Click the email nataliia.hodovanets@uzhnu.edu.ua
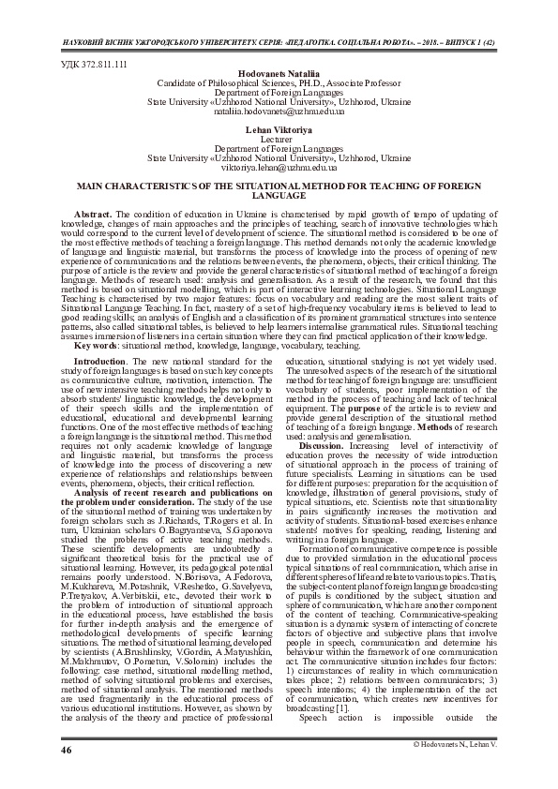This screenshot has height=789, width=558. click(x=278, y=111)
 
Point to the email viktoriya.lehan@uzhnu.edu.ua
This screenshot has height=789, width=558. click(x=278, y=166)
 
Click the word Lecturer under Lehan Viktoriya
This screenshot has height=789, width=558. click(x=278, y=138)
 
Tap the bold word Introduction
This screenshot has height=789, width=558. click(x=99, y=360)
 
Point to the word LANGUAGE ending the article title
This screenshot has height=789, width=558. click(x=279, y=196)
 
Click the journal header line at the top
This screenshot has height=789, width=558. click(x=279, y=43)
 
